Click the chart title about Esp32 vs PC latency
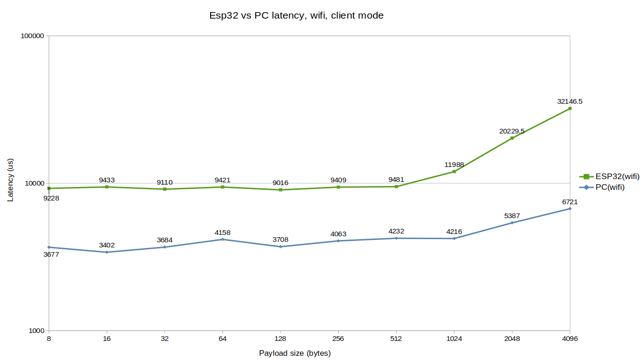tap(297, 15)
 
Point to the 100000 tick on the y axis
tap(32, 36)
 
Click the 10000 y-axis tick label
tap(34, 184)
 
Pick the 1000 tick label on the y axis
tap(36, 331)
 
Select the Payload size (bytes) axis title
tap(295, 353)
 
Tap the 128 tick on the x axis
tap(280, 339)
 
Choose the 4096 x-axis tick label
tap(570, 339)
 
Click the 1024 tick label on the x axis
tap(454, 339)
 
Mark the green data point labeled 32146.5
tap(570, 109)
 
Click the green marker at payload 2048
tap(512, 138)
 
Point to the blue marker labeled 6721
tap(570, 209)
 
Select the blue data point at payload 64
tap(223, 240)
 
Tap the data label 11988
tap(454, 165)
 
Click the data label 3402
tap(107, 245)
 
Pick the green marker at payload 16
tap(107, 187)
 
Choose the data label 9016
tap(280, 183)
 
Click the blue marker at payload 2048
tap(512, 223)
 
